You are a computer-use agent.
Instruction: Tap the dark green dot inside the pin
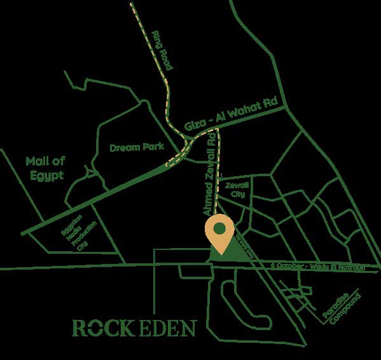click(219, 228)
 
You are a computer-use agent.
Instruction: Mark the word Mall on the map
click(37, 161)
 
